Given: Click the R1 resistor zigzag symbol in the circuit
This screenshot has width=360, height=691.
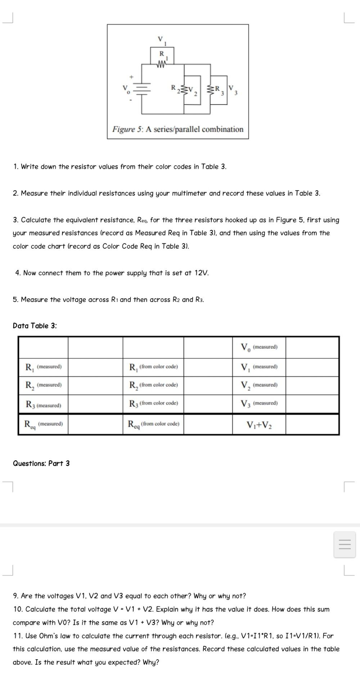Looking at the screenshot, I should point(162,65).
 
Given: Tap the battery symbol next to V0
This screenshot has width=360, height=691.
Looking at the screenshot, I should point(143,89).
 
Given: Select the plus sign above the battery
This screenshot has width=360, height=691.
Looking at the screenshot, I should point(132,77).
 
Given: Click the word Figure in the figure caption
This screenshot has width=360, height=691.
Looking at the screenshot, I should point(123,129).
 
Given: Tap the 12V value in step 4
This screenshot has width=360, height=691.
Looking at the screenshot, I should point(201,273).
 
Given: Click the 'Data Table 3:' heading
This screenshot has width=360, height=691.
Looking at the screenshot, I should point(35,326).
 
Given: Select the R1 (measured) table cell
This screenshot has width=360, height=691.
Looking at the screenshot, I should point(43,367).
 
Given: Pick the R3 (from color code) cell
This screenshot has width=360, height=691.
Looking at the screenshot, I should point(153,403).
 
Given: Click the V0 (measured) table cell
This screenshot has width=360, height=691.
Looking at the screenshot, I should point(259,347).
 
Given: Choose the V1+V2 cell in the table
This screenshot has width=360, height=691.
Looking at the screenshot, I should point(259,425).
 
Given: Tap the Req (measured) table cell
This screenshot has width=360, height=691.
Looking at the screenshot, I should point(43,424).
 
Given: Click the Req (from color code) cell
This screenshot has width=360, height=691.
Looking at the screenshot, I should point(153,424).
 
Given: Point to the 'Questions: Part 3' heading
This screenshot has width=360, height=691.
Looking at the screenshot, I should point(41,464).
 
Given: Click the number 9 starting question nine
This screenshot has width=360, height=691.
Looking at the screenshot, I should point(15,596).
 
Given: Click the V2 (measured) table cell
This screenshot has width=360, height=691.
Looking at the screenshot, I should point(259,385).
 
